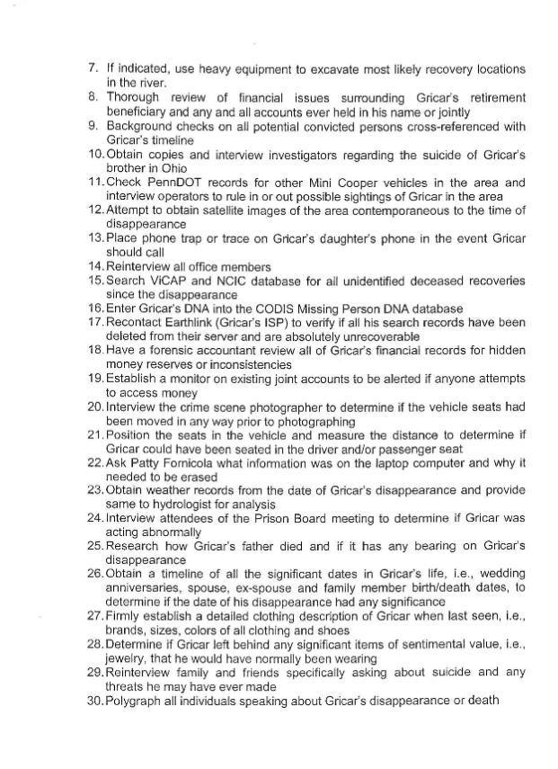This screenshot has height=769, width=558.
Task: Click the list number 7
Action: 93,68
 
